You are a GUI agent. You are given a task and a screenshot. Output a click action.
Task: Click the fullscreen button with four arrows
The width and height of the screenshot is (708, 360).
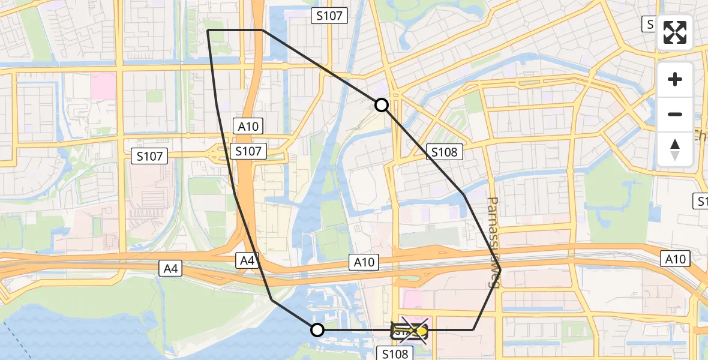[675, 32]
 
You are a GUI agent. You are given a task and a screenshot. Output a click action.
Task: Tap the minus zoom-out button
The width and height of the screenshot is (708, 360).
[675, 114]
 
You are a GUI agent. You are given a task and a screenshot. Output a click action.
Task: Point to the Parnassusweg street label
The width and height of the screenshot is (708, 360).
[494, 242]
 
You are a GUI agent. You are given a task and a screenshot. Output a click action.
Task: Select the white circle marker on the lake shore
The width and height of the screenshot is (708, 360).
[317, 329]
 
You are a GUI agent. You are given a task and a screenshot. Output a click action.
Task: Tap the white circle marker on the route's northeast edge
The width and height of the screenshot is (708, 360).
[382, 106]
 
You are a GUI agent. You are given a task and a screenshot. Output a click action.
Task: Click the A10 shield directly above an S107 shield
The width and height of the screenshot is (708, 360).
[248, 127]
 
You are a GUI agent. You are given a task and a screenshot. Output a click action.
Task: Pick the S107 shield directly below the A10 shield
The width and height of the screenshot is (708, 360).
[248, 151]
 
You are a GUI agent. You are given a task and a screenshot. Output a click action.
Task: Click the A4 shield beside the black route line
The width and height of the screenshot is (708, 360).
[247, 260]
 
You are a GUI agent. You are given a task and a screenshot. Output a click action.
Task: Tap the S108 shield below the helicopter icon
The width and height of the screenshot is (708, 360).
[395, 354]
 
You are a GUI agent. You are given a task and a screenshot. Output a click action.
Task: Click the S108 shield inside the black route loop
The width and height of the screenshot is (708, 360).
[444, 152]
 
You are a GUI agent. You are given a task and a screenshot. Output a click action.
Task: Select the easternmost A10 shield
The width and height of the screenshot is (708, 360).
[676, 259]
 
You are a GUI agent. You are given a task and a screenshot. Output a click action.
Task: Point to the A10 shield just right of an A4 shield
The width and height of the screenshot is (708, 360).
[364, 262]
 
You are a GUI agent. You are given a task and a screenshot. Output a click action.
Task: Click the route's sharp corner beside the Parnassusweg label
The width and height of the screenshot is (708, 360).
[500, 270]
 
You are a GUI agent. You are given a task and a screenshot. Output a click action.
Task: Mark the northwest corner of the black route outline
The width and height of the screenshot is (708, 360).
[208, 30]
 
